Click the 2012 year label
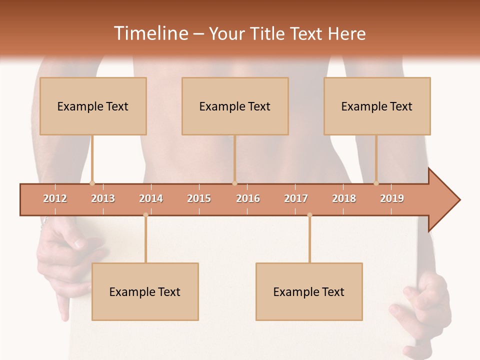(x=55, y=198)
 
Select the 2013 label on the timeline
(x=103, y=198)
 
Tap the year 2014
(x=151, y=198)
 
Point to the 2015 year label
(x=199, y=198)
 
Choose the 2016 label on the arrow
(x=248, y=198)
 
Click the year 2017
(x=296, y=198)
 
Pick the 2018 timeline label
(x=344, y=198)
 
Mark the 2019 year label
(x=392, y=198)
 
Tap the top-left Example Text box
(x=93, y=106)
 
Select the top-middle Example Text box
(x=235, y=106)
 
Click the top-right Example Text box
(x=377, y=106)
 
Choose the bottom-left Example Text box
(x=145, y=291)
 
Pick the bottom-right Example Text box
(x=309, y=291)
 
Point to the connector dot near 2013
(x=92, y=183)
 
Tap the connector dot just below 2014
(x=145, y=215)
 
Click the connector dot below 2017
(x=309, y=215)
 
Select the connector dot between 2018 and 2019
(x=376, y=183)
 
